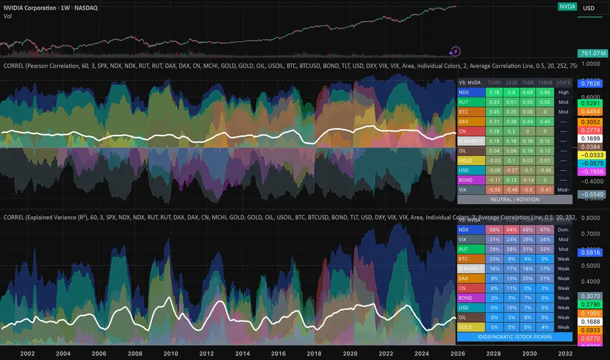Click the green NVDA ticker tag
pos(567,7)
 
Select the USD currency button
pos(592,8)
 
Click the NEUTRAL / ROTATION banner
pos(514,199)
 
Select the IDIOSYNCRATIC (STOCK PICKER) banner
pos(514,336)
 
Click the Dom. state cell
pos(563,230)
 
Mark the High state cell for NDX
pos(563,92)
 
